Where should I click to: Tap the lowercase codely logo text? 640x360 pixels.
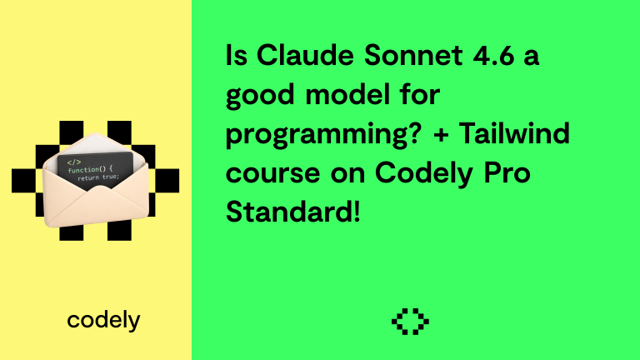103,320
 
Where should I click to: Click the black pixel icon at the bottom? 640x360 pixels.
409,321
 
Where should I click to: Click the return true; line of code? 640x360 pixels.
99,178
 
